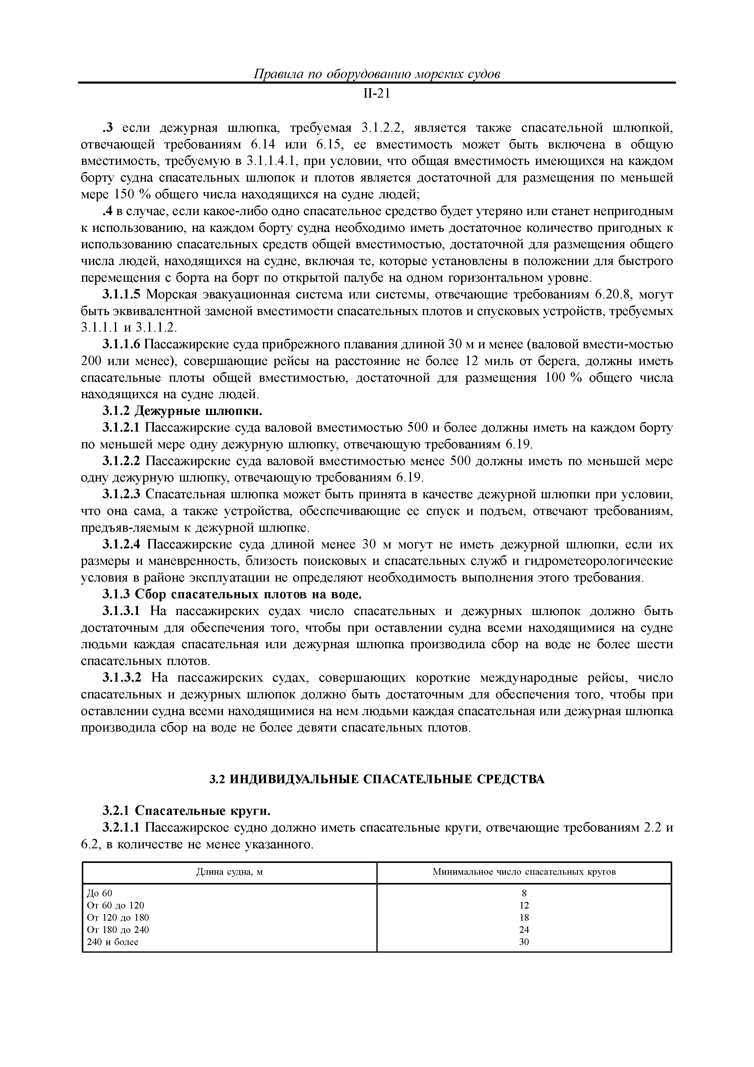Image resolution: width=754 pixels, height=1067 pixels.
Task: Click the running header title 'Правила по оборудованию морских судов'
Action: coord(376,74)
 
